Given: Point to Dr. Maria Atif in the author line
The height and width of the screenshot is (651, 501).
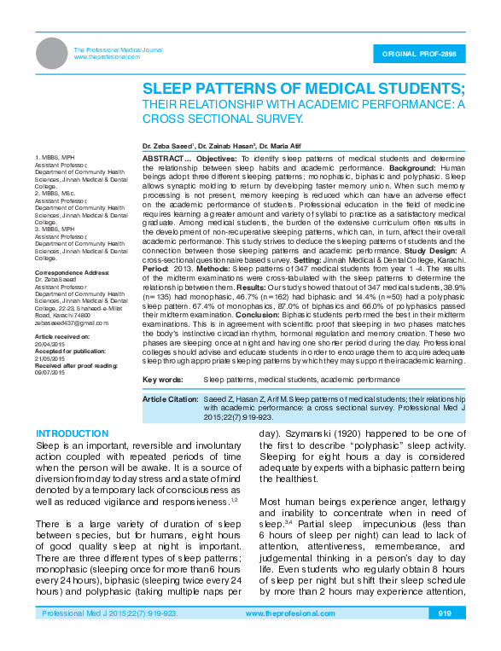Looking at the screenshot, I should click(282, 146).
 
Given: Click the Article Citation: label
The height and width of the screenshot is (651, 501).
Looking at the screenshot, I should click(170, 398).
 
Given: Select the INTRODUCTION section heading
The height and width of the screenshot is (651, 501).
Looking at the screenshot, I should click(72, 434).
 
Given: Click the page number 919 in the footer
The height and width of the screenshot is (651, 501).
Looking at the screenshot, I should click(444, 637).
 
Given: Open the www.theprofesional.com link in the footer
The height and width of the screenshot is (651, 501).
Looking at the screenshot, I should click(289, 637).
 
